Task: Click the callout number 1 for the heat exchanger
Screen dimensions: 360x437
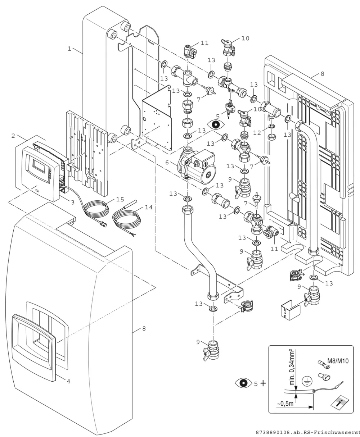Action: (x=69, y=49)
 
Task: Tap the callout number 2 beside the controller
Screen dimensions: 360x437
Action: (x=13, y=136)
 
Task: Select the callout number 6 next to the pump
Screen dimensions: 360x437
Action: (x=167, y=162)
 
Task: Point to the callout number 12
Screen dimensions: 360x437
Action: (x=257, y=133)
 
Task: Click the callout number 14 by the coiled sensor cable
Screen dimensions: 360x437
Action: (x=149, y=207)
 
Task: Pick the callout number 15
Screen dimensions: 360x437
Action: (x=120, y=199)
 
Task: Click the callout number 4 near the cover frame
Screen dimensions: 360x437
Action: (x=69, y=381)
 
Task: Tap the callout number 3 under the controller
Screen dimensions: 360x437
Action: (x=73, y=202)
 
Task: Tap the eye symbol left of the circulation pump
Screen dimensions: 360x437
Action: (x=216, y=124)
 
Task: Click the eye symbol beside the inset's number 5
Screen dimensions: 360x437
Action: (x=243, y=383)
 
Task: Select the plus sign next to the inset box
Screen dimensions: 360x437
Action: (x=263, y=383)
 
